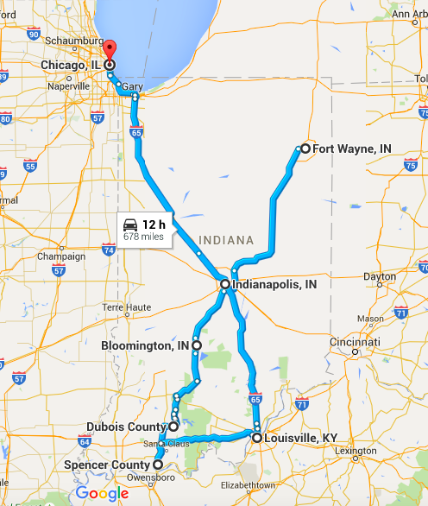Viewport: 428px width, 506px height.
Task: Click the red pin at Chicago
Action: pyautogui.click(x=110, y=48)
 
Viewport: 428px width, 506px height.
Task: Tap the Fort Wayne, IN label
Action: pyautogui.click(x=352, y=149)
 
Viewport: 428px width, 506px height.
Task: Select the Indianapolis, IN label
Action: pyautogui.click(x=274, y=284)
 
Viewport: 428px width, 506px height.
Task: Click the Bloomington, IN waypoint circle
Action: pyautogui.click(x=197, y=345)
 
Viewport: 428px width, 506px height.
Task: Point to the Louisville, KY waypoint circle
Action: pyautogui.click(x=257, y=438)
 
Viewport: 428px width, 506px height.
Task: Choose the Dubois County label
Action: pyautogui.click(x=126, y=427)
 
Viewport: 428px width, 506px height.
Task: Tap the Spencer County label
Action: pyautogui.click(x=108, y=465)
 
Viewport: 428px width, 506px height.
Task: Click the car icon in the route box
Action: pyautogui.click(x=130, y=224)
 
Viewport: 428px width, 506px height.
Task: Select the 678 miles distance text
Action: pyautogui.click(x=142, y=236)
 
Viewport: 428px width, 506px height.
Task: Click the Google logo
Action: pyautogui.click(x=102, y=494)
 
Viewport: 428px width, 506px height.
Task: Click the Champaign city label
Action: pyautogui.click(x=60, y=256)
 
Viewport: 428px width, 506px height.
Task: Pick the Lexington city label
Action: pyautogui.click(x=356, y=451)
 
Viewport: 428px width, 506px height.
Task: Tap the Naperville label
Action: pyautogui.click(x=69, y=86)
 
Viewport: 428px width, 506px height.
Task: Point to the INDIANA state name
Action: pyautogui.click(x=226, y=239)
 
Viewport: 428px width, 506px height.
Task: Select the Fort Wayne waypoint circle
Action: pyautogui.click(x=305, y=149)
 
